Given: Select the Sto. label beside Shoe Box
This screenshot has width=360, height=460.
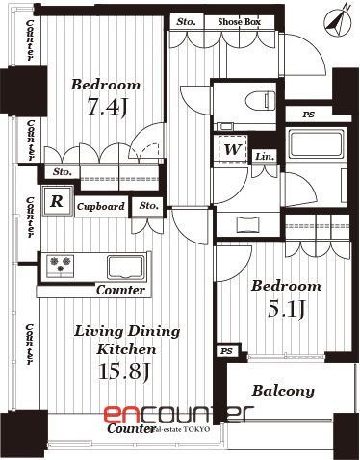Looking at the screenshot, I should [184, 21].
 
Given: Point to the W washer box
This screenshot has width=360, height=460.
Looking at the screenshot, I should [232, 151].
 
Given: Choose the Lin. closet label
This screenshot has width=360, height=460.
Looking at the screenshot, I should [265, 156].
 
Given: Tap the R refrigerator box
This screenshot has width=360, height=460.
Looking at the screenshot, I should [57, 201].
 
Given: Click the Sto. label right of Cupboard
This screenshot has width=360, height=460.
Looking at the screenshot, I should [147, 206].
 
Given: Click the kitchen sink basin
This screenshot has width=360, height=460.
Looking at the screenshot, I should [126, 265].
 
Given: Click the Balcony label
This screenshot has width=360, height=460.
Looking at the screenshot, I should [283, 391].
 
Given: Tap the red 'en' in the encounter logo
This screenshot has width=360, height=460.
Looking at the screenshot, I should [123, 415].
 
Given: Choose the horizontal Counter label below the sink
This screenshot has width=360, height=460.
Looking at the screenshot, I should [120, 290].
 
